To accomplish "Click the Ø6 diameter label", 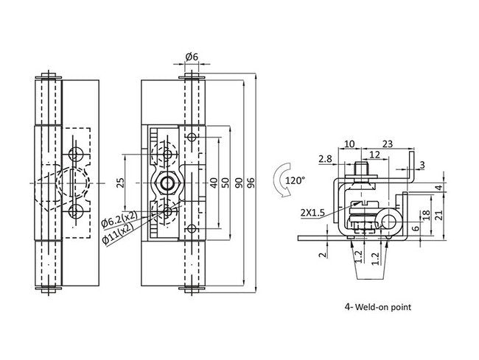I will pyautogui.click(x=190, y=57).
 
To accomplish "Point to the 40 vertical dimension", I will pyautogui.click(x=213, y=182).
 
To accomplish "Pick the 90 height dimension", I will pyautogui.click(x=239, y=182).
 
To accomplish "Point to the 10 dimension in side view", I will pyautogui.click(x=349, y=144).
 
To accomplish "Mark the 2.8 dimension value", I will pyautogui.click(x=324, y=158).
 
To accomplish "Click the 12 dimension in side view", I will pyautogui.click(x=374, y=155).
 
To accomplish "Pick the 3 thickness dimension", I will pyautogui.click(x=422, y=164).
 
